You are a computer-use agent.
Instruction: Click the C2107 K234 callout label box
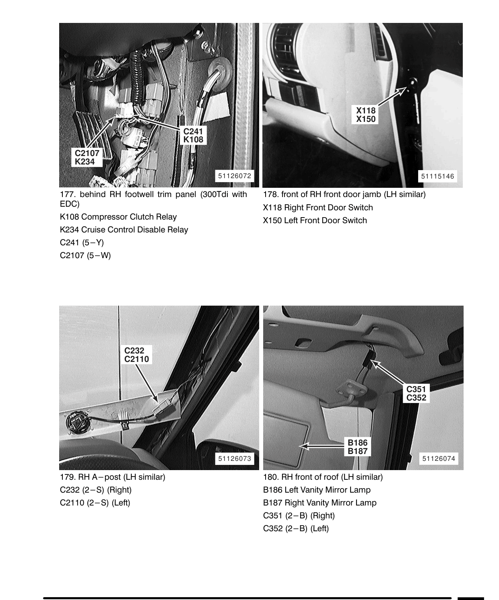(x=87, y=157)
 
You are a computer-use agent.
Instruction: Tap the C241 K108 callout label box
(x=193, y=136)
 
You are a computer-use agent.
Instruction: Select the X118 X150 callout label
(x=365, y=115)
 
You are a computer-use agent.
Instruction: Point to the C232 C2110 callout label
(x=136, y=355)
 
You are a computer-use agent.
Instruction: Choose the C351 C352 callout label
(x=416, y=393)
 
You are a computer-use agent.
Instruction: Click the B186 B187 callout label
(x=357, y=447)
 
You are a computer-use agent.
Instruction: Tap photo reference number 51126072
(x=234, y=176)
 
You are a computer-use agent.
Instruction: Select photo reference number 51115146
(x=437, y=176)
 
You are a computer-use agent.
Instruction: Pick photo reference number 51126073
(x=234, y=458)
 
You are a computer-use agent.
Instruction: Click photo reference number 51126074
(x=439, y=458)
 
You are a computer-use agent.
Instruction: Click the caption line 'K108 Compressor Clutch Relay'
(x=118, y=217)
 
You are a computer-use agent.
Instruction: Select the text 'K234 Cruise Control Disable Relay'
(x=124, y=230)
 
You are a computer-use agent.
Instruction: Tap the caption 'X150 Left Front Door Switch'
(x=315, y=220)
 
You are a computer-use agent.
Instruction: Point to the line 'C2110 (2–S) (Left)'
(x=95, y=503)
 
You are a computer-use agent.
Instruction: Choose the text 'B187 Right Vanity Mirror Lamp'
(x=320, y=503)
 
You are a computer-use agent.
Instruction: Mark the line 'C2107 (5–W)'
(x=85, y=255)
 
